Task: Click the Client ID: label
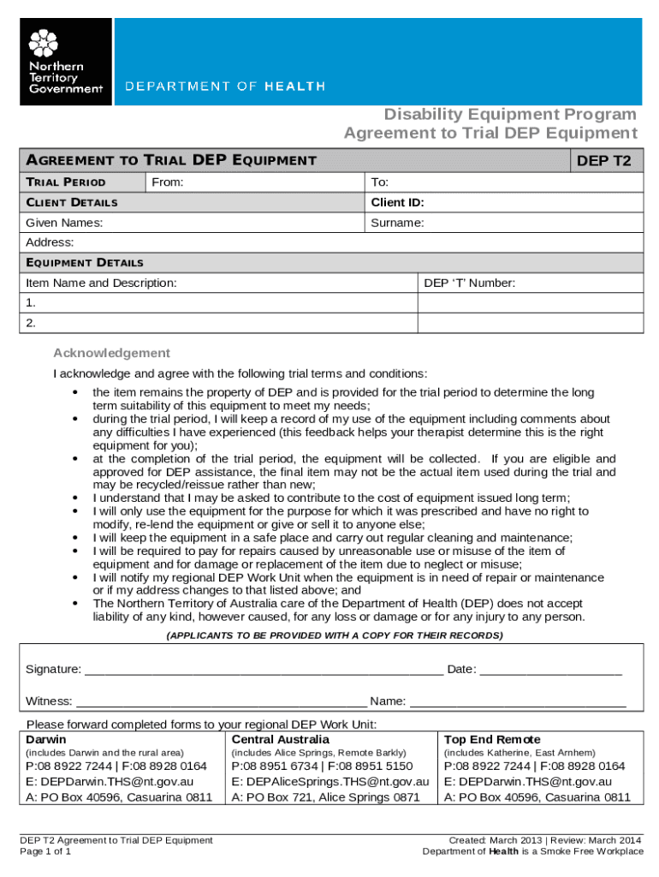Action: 397,203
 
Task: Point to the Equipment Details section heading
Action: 85,263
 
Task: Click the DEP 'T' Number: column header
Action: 469,283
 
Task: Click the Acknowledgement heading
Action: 111,353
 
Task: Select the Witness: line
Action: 223,701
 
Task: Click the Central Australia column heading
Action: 280,739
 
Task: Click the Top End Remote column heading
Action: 491,739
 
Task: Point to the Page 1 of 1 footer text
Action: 45,852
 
